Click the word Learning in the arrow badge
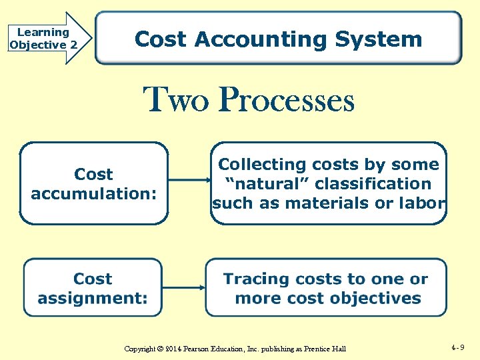(43, 32)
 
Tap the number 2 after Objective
(73, 45)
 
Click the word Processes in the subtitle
(287, 101)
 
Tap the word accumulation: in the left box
(94, 194)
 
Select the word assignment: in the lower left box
(93, 298)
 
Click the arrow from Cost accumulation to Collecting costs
(189, 180)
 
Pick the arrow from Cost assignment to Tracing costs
(183, 287)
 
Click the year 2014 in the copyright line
(173, 349)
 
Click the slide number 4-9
(457, 347)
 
